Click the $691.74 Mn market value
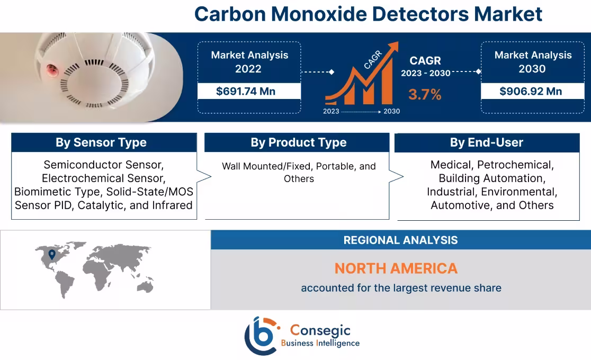(248, 91)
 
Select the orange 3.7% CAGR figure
(424, 95)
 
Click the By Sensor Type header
(101, 142)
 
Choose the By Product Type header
(298, 142)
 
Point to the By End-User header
(486, 142)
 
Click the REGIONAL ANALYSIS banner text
(400, 240)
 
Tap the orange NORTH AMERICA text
(396, 268)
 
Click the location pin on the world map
(51, 255)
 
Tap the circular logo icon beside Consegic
(261, 336)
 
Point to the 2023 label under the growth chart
(331, 111)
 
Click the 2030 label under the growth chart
(392, 111)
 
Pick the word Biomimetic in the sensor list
(41, 192)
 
